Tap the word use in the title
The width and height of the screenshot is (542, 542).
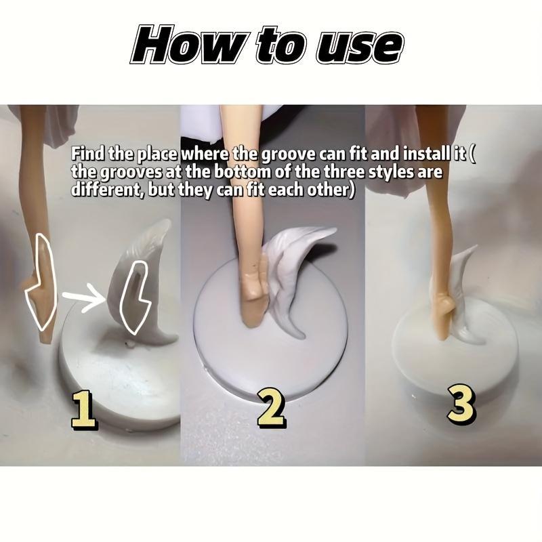[360, 47]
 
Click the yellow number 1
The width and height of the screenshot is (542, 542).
[84, 410]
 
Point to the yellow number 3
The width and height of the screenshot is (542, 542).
[461, 404]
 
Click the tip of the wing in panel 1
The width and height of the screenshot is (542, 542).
[169, 221]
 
